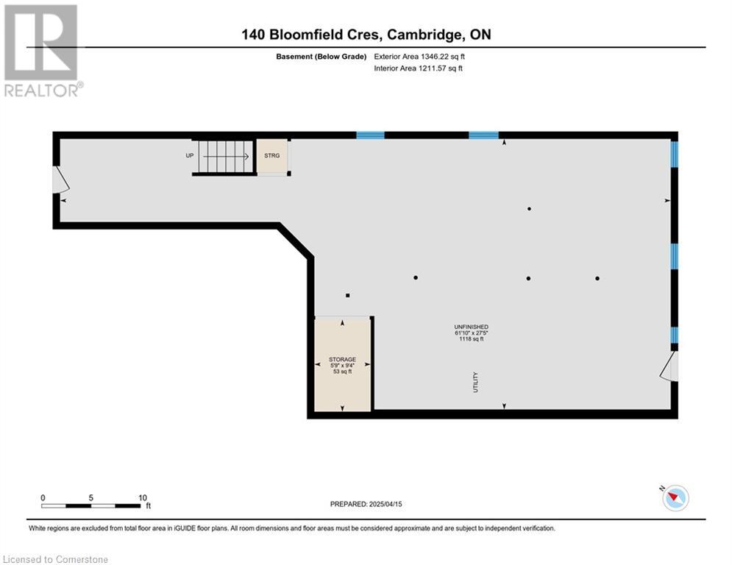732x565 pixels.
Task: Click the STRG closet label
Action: coord(271,155)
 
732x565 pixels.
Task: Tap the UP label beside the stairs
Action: coord(190,155)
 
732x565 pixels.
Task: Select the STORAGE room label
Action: coord(342,360)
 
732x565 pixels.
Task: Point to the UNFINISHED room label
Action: coord(472,327)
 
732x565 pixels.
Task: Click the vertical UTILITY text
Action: coord(476,382)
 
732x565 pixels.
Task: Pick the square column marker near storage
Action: coord(348,296)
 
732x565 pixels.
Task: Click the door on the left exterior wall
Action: coord(61,180)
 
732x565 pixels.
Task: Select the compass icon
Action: coord(675,498)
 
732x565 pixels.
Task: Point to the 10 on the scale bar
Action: coord(143,498)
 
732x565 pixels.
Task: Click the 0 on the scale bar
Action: coord(43,498)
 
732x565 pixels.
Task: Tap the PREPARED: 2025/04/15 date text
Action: coord(366,504)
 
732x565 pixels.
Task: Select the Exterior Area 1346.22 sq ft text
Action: coord(419,57)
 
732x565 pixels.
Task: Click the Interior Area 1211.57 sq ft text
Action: coord(419,68)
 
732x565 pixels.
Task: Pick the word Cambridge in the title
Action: coord(424,35)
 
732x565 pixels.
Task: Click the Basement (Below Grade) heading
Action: coord(321,57)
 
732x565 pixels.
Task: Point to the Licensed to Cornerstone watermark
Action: coord(56,559)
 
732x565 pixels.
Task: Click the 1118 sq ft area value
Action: coord(472,339)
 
